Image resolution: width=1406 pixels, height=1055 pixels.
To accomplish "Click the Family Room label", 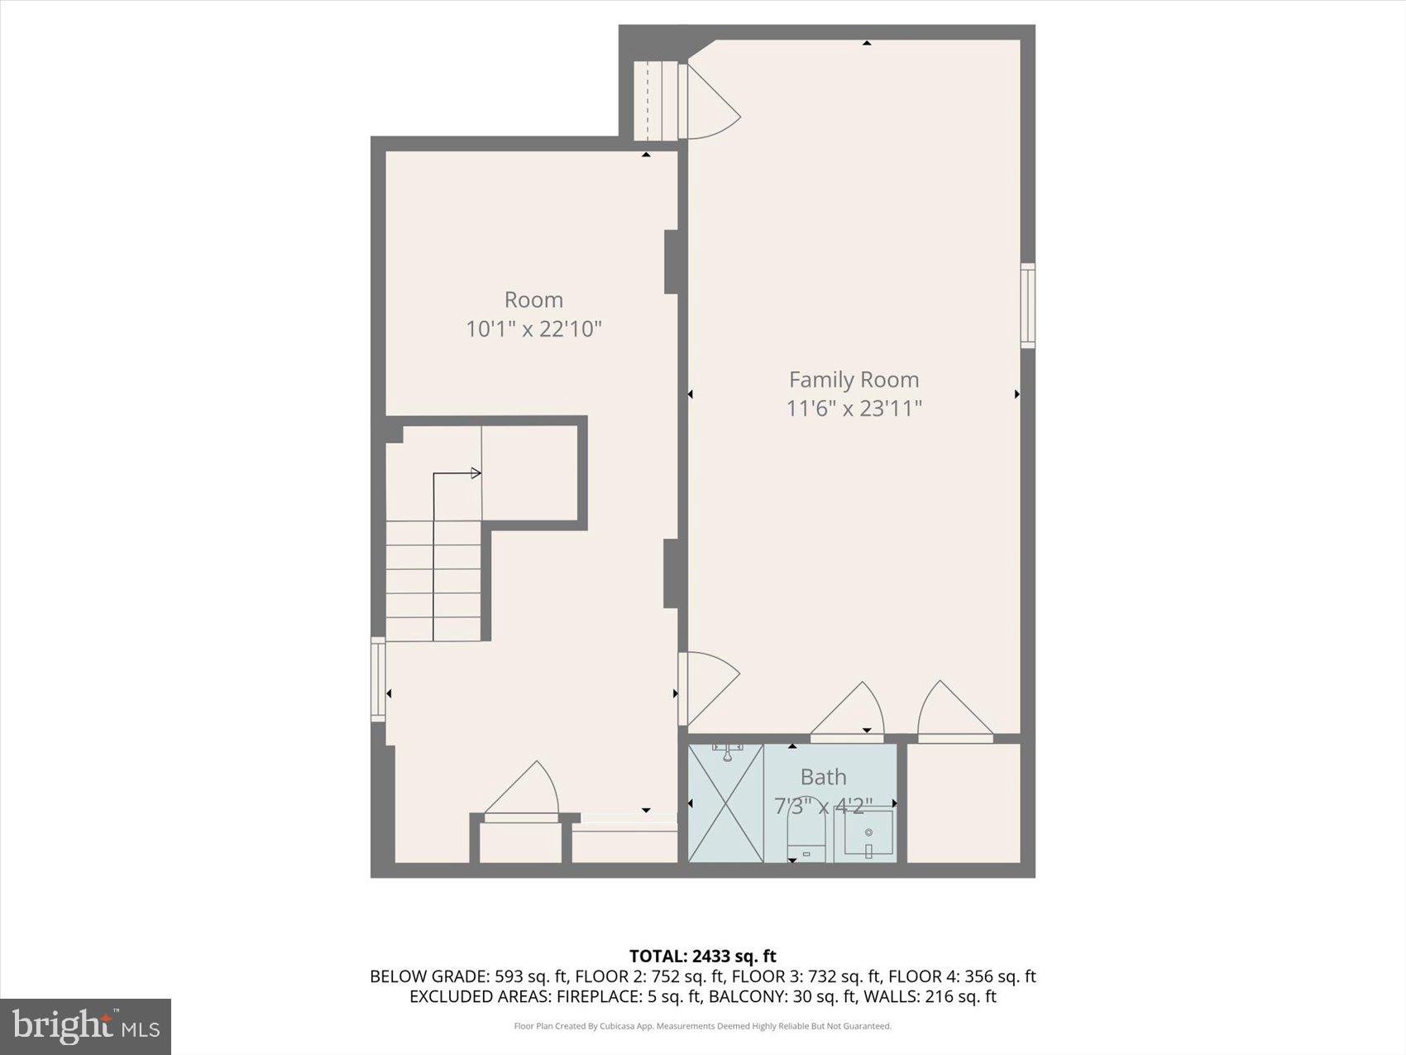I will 854,379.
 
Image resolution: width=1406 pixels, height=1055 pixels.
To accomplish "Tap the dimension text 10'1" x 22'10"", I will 533,328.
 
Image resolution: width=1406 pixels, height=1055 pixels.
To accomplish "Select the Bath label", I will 823,777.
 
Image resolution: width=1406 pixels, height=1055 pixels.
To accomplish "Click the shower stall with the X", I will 725,803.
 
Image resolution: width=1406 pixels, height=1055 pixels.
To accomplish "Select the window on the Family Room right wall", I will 1027,305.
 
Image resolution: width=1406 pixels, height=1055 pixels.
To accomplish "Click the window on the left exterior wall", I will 378,679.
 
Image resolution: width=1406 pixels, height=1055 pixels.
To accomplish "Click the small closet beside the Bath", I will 964,803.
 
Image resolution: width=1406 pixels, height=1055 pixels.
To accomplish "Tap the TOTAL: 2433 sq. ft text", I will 702,957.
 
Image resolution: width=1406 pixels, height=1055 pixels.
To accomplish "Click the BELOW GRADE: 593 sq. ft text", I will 468,976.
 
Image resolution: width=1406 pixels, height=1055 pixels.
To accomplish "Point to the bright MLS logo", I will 86,1027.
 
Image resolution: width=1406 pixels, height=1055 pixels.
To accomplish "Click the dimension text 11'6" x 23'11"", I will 854,408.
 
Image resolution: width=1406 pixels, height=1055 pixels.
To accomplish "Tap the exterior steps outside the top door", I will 655,101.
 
